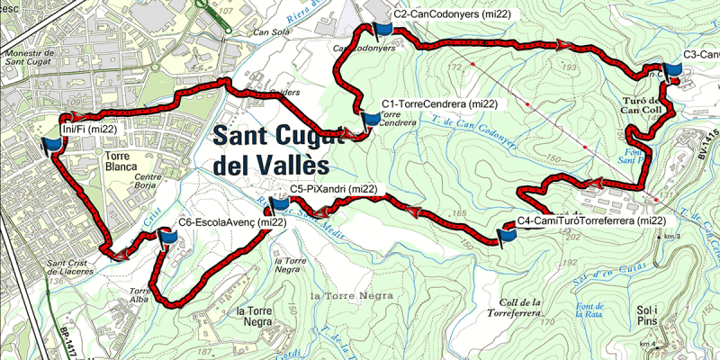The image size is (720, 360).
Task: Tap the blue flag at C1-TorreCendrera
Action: point(370,120)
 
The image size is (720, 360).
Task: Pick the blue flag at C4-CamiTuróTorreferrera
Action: point(508,234)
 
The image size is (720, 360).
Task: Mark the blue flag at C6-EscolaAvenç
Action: point(167,236)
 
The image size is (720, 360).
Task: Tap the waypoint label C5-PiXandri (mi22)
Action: point(334,189)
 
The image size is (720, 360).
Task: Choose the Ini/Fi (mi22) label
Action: point(89,130)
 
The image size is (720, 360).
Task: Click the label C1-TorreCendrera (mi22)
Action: point(439,104)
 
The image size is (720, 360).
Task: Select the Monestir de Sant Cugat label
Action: point(31,58)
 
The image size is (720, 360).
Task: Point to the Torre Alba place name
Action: point(139,296)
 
